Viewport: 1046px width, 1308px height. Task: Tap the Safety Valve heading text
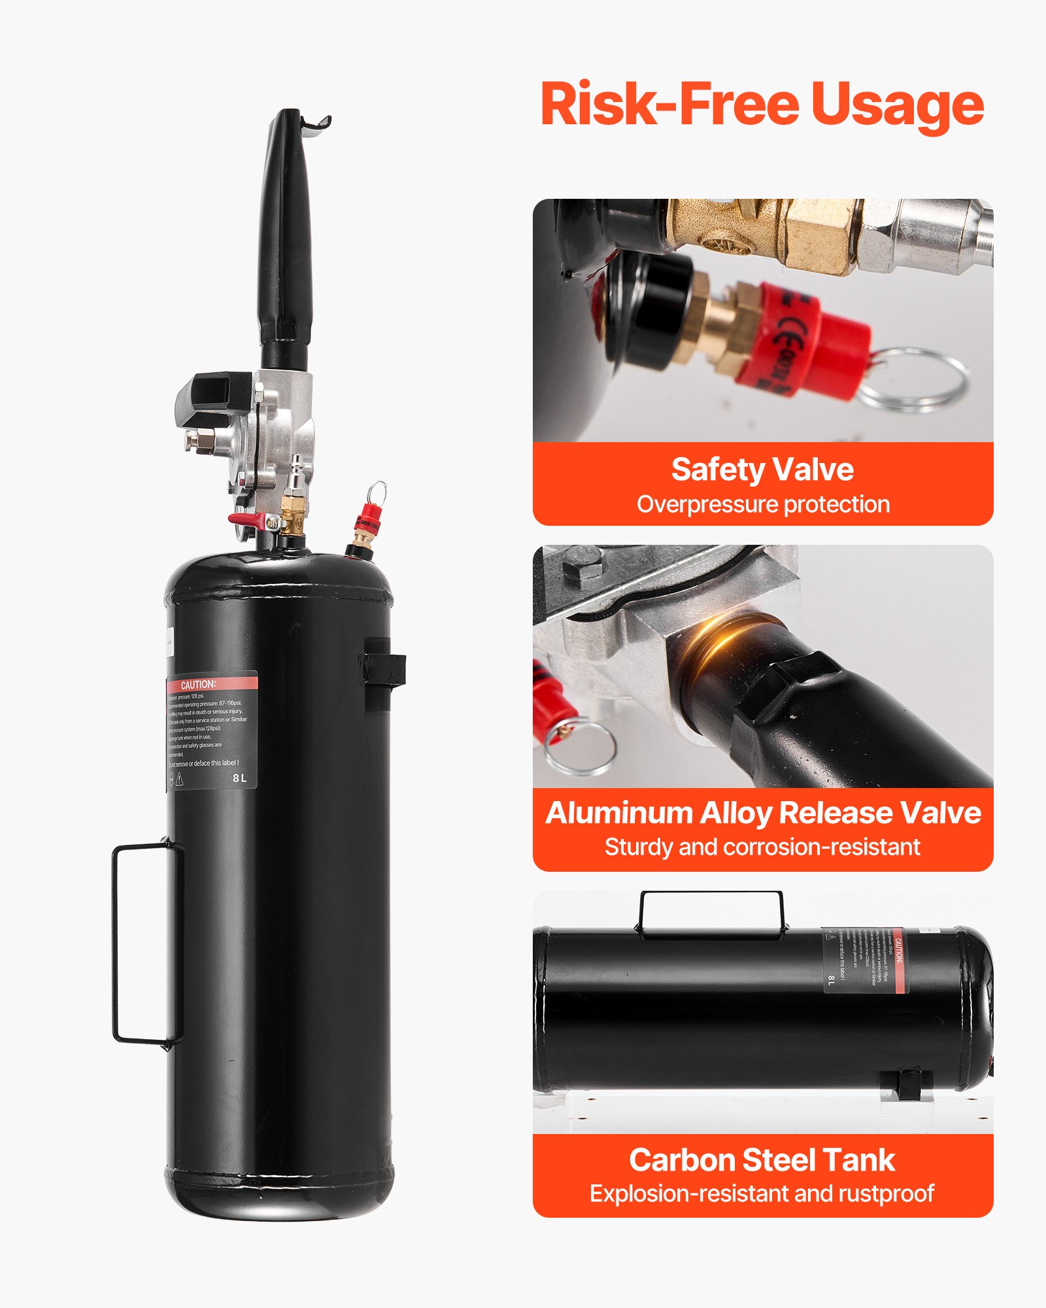point(762,470)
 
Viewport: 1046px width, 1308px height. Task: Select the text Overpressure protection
point(763,505)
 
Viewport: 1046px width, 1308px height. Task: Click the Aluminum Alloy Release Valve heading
point(763,813)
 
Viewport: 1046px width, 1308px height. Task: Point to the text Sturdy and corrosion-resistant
point(762,848)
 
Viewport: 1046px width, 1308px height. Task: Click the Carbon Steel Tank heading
point(762,1160)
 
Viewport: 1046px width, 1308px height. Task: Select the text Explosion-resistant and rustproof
point(762,1194)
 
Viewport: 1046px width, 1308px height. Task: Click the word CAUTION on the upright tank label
point(198,685)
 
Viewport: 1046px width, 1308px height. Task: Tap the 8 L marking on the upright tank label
point(239,778)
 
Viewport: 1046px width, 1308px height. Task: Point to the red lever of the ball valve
point(246,520)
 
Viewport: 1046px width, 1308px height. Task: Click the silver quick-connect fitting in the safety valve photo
point(928,232)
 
